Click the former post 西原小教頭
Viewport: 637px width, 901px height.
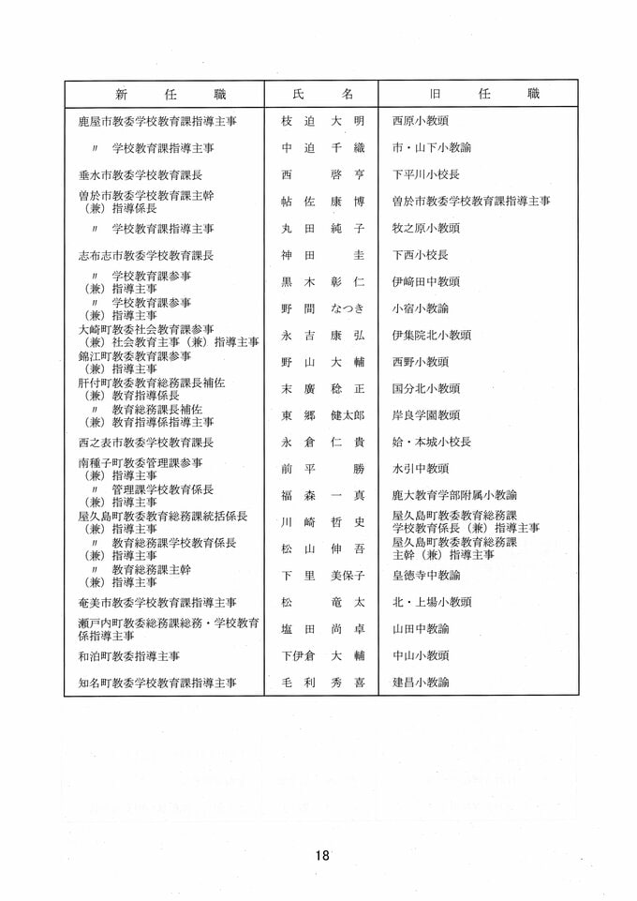[421, 121]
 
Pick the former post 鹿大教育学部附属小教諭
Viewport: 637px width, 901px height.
[454, 495]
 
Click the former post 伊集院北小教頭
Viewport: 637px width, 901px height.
[432, 335]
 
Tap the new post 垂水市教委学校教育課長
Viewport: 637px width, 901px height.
[146, 174]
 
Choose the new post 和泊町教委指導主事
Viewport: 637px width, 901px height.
[129, 655]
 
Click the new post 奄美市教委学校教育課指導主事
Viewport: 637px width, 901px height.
[157, 602]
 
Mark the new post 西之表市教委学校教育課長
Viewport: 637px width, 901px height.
[146, 442]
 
